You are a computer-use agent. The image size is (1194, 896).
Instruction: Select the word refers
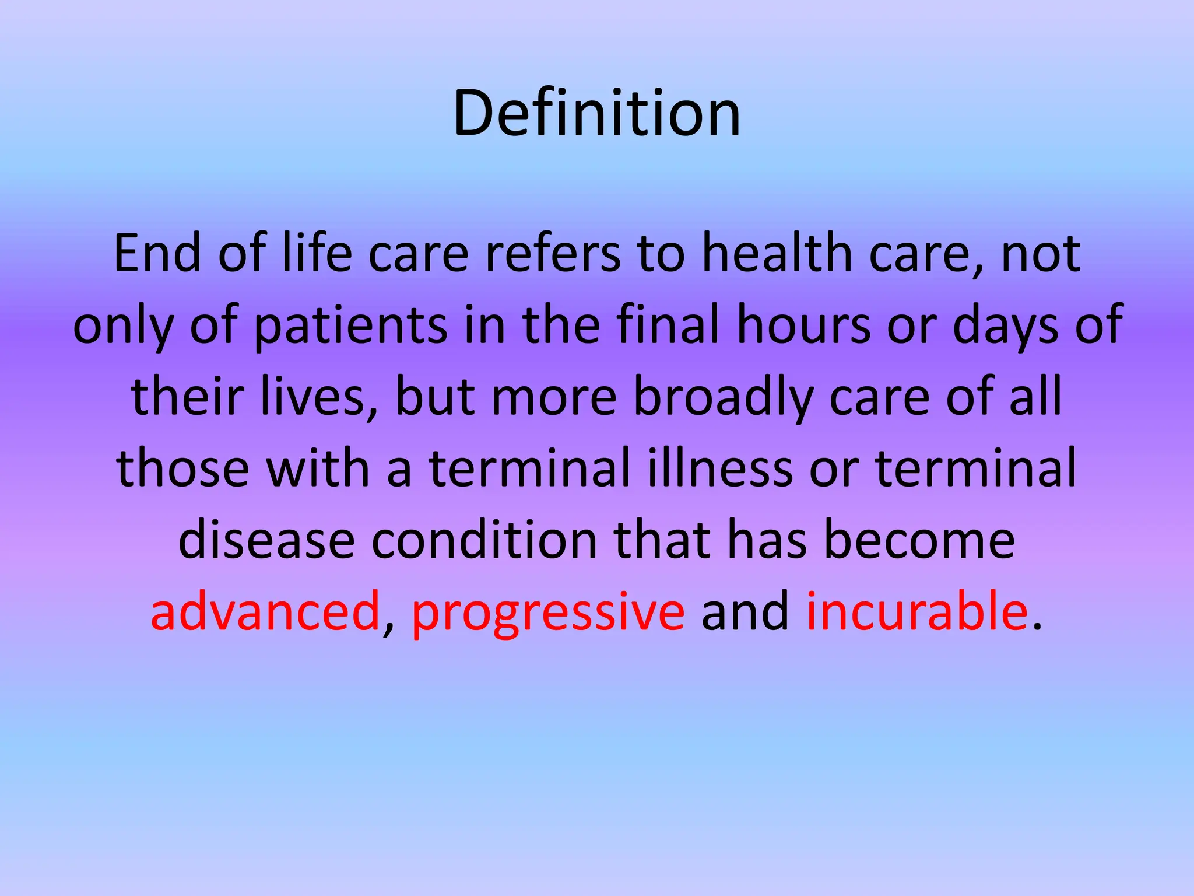552,253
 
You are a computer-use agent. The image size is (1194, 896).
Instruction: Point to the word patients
351,325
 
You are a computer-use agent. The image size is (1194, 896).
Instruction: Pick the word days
1005,325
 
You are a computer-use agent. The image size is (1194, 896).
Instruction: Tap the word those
183,468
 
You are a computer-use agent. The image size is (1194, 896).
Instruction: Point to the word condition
484,540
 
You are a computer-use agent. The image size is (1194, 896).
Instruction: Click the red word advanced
265,611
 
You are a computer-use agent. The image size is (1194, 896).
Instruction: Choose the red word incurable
916,611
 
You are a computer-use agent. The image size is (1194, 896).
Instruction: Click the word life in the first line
317,253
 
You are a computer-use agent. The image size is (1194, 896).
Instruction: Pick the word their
187,397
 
